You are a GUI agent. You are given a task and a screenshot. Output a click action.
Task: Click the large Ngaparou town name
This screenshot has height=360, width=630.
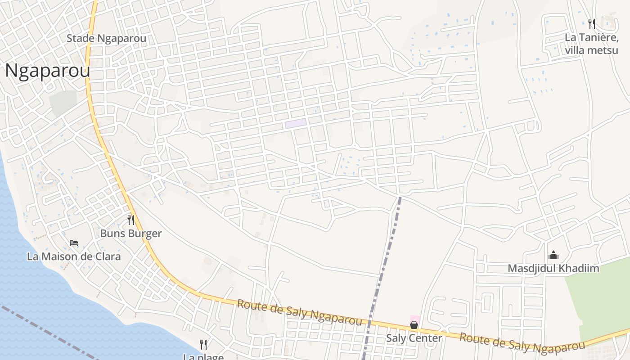tap(47, 71)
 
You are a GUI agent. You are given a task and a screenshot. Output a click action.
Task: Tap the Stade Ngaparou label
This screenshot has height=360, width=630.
tap(106, 38)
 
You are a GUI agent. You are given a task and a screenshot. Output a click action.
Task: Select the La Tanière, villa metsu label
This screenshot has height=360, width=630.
tap(591, 44)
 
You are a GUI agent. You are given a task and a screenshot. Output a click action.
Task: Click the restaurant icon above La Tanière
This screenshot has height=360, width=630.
tap(592, 23)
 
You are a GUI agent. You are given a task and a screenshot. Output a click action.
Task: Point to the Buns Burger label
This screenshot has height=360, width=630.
tap(130, 234)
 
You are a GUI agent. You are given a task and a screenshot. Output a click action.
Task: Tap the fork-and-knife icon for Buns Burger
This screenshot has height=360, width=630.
tap(131, 220)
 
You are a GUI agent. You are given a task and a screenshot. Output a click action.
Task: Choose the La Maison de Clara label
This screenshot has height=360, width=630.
tap(74, 256)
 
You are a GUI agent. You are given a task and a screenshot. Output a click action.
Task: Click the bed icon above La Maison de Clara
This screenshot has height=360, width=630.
tap(74, 243)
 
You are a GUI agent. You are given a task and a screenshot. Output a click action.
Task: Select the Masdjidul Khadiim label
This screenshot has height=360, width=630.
tap(553, 269)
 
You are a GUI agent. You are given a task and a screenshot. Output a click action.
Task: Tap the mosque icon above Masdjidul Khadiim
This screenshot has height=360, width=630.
tap(553, 256)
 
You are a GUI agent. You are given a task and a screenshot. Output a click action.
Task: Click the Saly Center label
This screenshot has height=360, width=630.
tap(414, 337)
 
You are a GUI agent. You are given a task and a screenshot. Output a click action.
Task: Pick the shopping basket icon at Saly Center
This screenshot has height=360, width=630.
tap(414, 324)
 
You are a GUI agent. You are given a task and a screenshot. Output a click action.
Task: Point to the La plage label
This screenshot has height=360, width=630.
tap(203, 357)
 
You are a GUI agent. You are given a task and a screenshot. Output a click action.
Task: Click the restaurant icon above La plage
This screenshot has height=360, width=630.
tap(203, 345)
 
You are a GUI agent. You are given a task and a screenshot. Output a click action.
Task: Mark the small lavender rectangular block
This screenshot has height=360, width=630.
tap(295, 123)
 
